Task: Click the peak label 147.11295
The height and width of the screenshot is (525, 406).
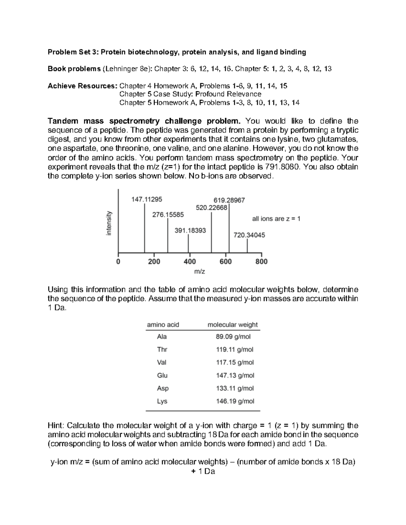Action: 146,199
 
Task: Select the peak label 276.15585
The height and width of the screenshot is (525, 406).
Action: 168,215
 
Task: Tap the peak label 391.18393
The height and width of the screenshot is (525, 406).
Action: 190,231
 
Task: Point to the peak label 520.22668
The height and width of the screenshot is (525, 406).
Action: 211,208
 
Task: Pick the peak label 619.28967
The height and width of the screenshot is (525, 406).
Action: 229,200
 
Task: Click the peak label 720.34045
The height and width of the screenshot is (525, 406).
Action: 249,235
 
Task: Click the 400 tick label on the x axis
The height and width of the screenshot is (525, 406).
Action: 190,262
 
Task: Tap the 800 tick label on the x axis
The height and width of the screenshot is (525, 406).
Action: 262,262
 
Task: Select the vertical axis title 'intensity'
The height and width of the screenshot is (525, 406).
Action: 109,223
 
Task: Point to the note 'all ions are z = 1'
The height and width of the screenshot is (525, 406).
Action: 276,219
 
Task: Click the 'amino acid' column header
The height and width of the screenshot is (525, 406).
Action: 163,325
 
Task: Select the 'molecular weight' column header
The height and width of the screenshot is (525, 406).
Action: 232,325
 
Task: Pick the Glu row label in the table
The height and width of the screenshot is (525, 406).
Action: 162,375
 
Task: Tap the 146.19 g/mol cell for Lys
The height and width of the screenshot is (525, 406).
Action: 235,401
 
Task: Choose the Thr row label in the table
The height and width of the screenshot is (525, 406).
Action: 162,350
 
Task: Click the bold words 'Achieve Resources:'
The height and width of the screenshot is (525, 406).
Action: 82,86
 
